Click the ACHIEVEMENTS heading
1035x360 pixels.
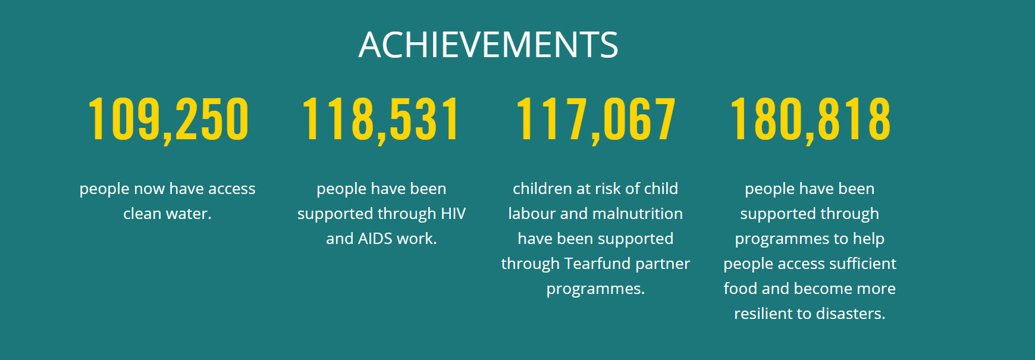[488, 45]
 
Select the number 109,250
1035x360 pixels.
[168, 120]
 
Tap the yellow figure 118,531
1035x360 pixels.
[381, 120]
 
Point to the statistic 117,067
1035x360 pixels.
[595, 120]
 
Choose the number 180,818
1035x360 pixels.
[810, 120]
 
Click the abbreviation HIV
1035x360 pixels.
[453, 214]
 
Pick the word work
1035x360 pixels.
[417, 239]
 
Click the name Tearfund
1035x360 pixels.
[597, 264]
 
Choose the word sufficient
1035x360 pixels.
[862, 264]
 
